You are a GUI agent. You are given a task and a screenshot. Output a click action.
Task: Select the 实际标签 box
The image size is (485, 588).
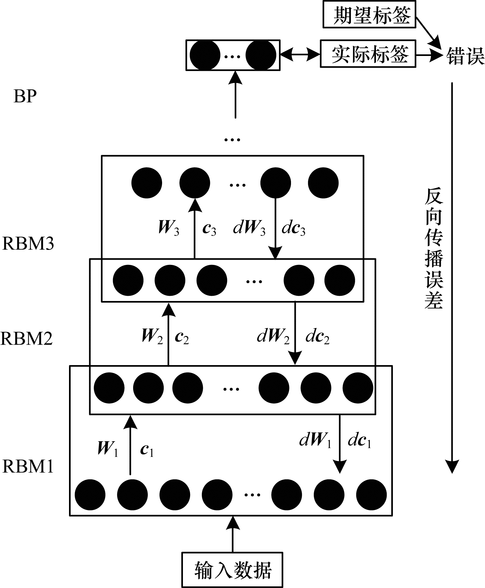(368, 54)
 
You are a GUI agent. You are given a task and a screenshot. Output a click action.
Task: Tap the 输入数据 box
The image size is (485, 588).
(232, 569)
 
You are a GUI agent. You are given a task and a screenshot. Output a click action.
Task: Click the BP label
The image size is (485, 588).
(25, 96)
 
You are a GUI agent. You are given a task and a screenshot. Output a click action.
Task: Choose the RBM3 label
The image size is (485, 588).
(28, 243)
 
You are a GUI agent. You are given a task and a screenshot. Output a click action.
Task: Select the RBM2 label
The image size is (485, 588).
(27, 338)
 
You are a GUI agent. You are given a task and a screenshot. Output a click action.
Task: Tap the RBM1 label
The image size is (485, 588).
(28, 466)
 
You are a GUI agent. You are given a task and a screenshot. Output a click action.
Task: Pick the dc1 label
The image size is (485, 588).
(359, 441)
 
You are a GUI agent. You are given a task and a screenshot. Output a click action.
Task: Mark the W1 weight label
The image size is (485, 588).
(107, 448)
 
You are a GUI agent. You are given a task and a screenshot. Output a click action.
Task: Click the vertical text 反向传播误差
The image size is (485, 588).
(434, 249)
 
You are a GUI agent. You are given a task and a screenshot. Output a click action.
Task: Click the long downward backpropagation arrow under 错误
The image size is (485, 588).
(452, 277)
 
